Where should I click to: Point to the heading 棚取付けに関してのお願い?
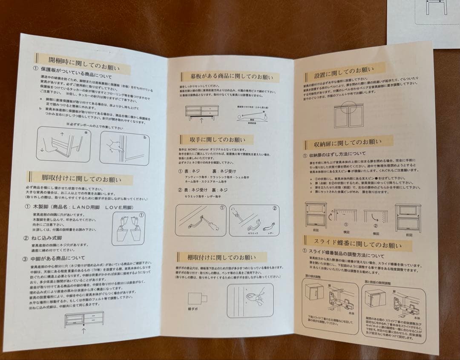(221, 257)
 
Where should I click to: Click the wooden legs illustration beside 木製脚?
(128, 228)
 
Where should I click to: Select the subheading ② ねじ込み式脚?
(45, 237)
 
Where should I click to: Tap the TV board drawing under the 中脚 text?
(84, 318)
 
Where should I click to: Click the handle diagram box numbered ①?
(201, 220)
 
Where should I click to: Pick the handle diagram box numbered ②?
(254, 220)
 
